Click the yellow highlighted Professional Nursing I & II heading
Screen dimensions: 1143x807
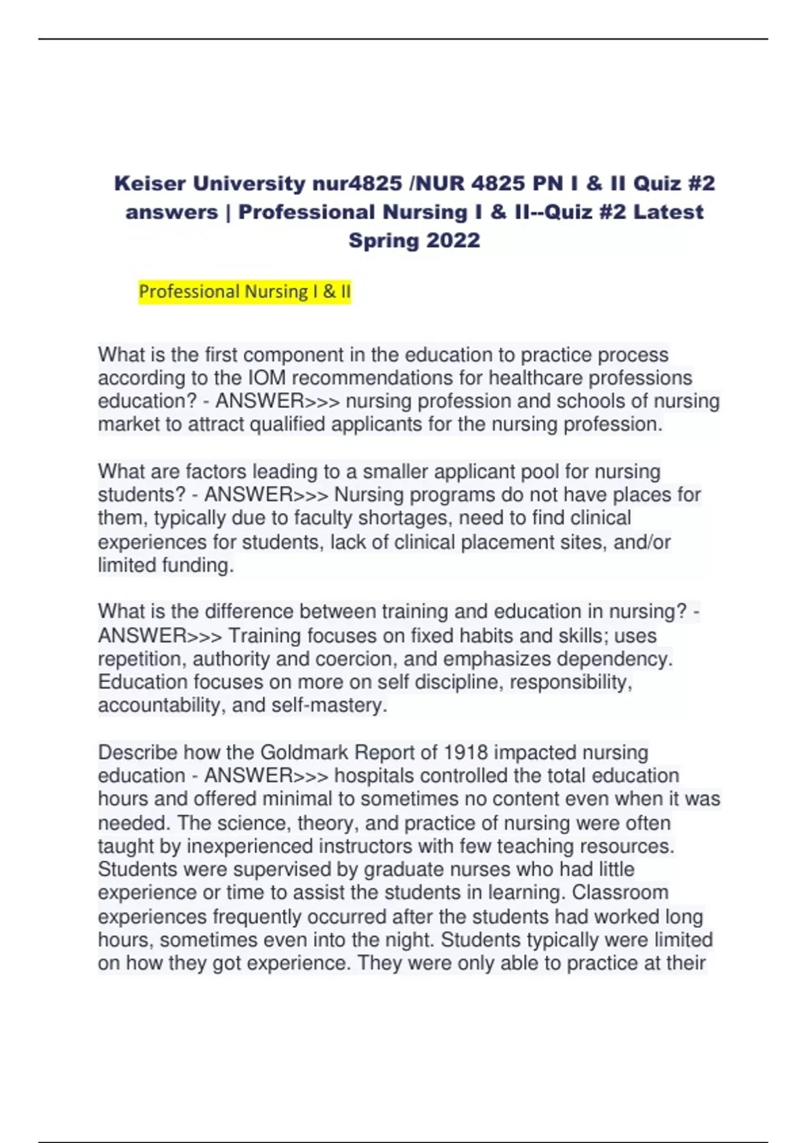tap(245, 292)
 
